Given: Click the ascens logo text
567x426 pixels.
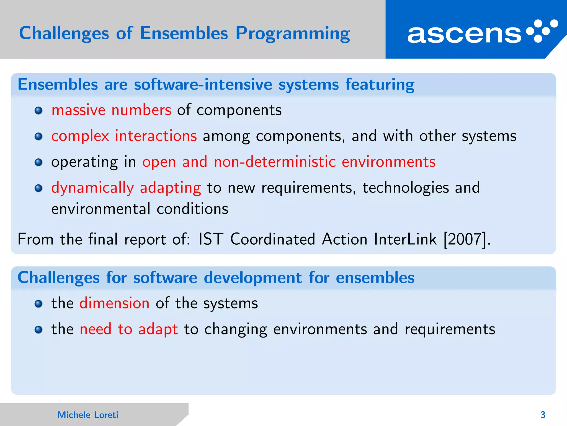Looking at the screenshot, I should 464,34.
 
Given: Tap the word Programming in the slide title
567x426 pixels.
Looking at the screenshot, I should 293,34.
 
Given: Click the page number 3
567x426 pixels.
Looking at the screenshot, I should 543,415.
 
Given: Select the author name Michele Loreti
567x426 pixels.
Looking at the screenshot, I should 88,415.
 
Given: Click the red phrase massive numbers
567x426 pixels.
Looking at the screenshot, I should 111,110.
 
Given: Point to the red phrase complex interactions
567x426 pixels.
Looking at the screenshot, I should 124,136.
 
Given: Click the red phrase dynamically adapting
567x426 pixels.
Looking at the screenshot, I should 126,188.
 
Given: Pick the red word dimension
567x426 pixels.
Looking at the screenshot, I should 114,303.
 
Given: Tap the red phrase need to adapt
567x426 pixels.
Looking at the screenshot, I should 128,329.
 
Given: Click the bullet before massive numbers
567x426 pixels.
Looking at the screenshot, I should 38,111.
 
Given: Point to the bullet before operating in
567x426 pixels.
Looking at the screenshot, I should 38,163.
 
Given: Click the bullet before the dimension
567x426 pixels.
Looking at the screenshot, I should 38,304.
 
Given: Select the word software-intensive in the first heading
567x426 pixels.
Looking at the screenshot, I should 203,84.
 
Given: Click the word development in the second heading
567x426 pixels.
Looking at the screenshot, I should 252,278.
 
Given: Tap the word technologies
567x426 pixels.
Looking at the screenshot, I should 406,188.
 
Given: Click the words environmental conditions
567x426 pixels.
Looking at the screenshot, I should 140,209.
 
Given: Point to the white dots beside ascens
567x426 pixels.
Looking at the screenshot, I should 542,31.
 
